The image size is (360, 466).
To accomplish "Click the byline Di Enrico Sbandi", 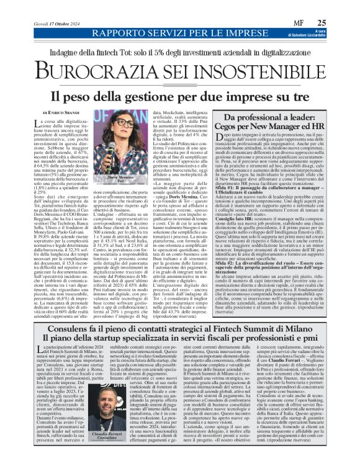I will [x=61, y=112].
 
